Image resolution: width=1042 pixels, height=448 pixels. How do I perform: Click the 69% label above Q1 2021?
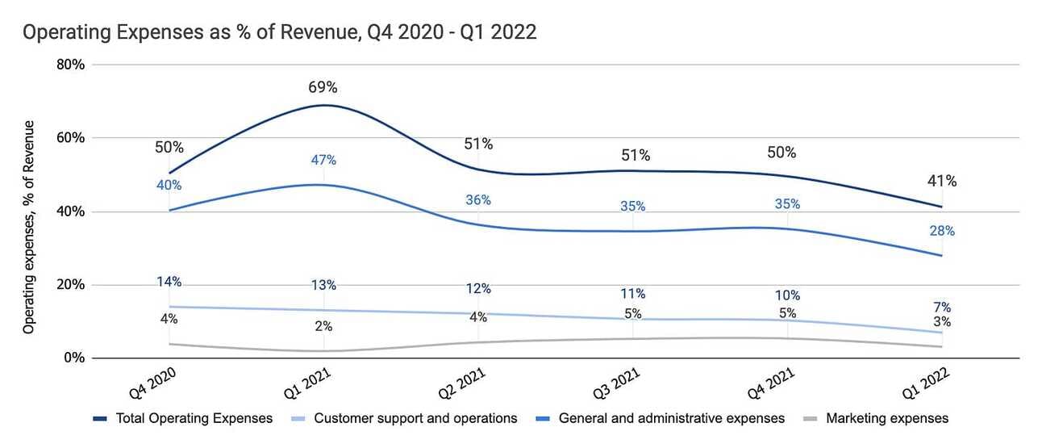323,87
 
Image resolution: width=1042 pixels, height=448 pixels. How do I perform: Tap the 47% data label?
323,160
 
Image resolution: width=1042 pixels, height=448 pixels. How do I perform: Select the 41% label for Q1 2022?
942,182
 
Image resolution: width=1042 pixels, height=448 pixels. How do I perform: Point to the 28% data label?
942,231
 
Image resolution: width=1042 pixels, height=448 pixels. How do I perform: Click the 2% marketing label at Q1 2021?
323,326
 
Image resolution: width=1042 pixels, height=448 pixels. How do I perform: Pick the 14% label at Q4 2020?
169,282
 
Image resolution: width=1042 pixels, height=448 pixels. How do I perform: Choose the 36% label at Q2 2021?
478,199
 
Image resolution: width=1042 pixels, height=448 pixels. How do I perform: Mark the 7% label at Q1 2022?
942,307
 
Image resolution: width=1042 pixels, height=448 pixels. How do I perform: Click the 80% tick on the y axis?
72,65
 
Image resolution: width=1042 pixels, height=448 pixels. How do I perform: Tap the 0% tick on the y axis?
75,358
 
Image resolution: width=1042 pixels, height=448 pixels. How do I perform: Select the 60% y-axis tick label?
72,138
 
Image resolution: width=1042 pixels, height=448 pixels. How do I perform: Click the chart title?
279,33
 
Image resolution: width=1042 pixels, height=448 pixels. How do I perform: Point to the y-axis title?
29,227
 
